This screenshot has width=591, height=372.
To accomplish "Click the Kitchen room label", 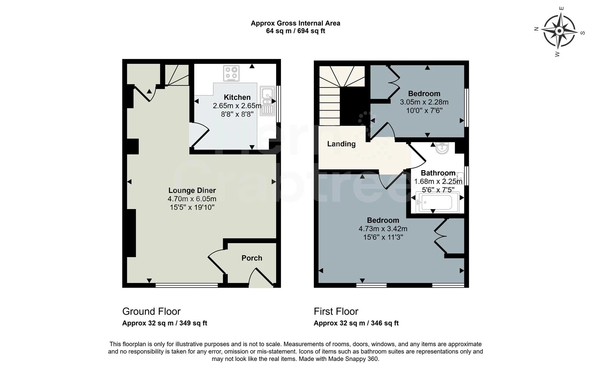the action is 237,97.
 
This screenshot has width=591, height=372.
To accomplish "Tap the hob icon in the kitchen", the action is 231,73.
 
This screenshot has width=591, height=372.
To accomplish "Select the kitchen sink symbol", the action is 267,100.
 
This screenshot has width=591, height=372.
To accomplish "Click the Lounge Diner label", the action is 192,190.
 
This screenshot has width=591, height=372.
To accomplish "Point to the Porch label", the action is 252,258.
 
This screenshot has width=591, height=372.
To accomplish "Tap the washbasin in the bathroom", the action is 442,148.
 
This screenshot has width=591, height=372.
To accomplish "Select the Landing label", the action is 341,144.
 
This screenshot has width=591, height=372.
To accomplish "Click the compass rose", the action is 559,31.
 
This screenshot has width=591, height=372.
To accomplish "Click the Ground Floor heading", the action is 151,311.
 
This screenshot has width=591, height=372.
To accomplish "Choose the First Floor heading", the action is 336,311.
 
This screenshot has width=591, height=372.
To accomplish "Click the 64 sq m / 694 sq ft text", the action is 295,31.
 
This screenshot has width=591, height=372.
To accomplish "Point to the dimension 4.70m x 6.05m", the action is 192,199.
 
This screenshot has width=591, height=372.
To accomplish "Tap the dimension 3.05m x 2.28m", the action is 424,102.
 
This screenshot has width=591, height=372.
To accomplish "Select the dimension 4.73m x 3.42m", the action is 383,229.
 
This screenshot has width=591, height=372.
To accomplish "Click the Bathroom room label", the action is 438,173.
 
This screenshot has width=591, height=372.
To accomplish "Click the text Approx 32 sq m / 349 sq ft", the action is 165,323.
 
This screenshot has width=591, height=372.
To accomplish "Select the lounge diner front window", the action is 187,285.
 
